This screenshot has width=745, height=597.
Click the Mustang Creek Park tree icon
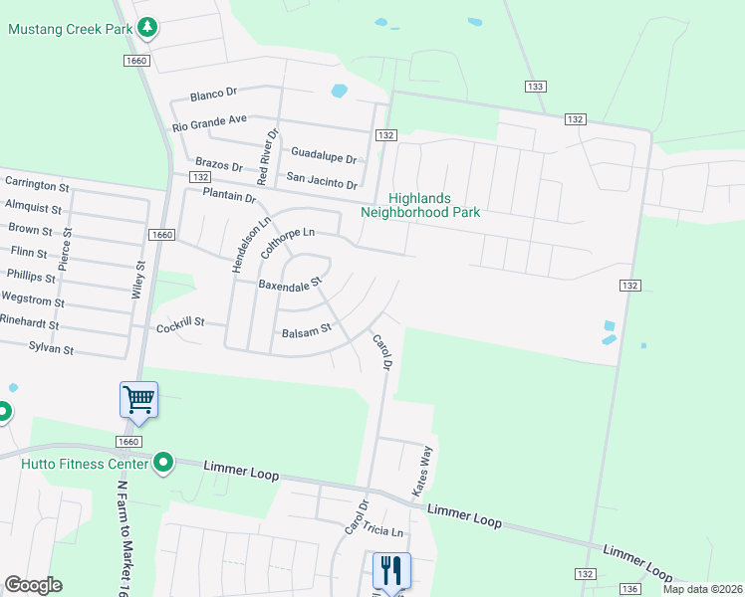147,27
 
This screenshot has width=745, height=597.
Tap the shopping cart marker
138,400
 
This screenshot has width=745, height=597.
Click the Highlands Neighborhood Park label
420,205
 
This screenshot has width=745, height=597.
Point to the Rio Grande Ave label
209,122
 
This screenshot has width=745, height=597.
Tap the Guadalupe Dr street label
324,154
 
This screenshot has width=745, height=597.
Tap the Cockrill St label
180,323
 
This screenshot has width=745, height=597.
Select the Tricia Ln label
383,532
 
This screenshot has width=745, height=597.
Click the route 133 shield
536,88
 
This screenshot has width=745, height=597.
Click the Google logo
33,585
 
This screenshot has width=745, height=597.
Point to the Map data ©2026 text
701,589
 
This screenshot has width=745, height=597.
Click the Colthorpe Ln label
288,242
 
